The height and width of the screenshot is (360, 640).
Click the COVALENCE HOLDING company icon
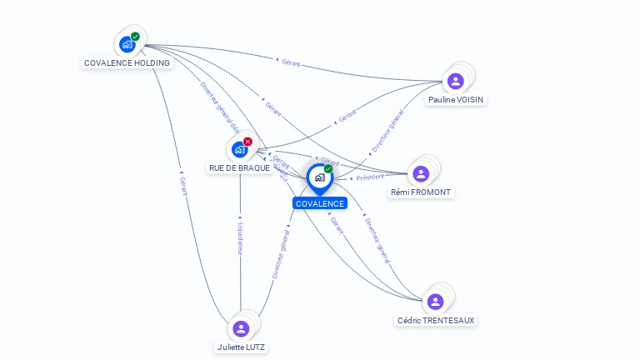tap(127, 44)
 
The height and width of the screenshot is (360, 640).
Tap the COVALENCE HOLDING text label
tap(127, 62)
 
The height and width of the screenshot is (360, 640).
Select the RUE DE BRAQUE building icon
tap(240, 149)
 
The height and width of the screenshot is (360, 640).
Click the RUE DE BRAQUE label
tap(239, 167)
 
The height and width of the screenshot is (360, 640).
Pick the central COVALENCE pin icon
tap(319, 177)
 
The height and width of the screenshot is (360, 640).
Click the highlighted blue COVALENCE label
tap(319, 203)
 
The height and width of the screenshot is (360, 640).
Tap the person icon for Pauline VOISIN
tap(455, 81)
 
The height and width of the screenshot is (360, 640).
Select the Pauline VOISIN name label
tap(456, 99)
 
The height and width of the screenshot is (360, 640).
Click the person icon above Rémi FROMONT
tap(421, 173)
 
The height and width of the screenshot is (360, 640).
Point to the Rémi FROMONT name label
tap(421, 192)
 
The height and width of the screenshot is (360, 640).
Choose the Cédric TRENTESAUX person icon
tap(435, 302)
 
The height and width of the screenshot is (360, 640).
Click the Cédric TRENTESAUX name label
tap(437, 320)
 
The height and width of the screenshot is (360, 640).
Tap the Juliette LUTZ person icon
tap(241, 328)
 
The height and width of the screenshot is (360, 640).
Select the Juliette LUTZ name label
tap(242, 347)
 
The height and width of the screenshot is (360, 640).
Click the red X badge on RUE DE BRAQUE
tap(247, 142)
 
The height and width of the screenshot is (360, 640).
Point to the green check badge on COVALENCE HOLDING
tap(135, 37)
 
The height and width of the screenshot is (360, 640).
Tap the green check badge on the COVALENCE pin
tap(328, 168)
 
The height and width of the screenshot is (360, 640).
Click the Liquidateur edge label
tap(240, 238)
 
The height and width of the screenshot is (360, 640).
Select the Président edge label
tap(368, 177)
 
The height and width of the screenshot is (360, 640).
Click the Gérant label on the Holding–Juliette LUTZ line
tap(182, 186)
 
